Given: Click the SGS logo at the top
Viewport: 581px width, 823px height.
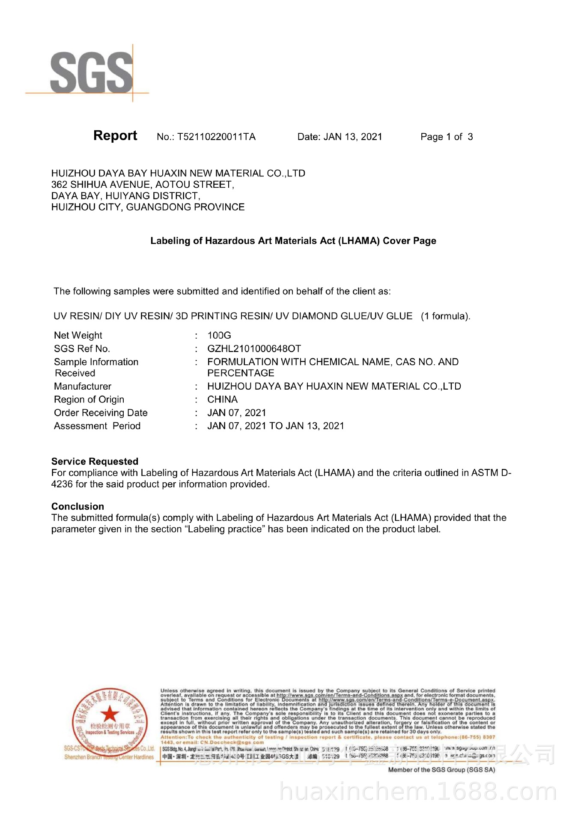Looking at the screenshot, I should (91, 73).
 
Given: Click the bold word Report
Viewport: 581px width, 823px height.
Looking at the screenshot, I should (115, 135).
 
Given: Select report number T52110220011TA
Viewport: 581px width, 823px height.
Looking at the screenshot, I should (216, 137).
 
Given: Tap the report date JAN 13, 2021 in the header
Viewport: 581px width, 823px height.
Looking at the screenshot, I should (353, 137).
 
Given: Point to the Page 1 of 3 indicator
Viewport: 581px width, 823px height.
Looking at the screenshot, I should (447, 137).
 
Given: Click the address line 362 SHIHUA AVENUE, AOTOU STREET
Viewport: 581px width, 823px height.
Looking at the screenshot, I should (143, 185).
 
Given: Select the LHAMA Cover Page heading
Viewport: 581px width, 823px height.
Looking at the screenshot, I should (293, 241).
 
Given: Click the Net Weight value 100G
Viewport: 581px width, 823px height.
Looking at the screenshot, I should (219, 335).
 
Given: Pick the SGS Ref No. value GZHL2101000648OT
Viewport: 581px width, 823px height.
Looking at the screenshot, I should (254, 348).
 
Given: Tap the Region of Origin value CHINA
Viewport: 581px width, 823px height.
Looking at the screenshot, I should (223, 399).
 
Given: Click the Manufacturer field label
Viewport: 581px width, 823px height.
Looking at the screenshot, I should (83, 386).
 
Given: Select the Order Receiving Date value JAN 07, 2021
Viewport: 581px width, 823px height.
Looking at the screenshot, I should (237, 413).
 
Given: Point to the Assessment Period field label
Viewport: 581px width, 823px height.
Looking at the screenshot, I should (97, 426).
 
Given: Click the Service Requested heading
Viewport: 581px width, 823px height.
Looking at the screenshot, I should (95, 461).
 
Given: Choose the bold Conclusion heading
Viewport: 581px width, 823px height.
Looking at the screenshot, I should (77, 506).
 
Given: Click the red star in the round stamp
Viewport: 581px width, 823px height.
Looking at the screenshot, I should (110, 715).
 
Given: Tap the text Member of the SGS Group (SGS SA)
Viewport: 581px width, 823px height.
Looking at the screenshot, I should (441, 770).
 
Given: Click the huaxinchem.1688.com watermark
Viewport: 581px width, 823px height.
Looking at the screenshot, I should (417, 792).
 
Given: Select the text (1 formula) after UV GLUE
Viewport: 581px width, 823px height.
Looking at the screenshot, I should (445, 316).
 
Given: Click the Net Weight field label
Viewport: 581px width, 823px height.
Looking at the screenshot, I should (78, 335).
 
